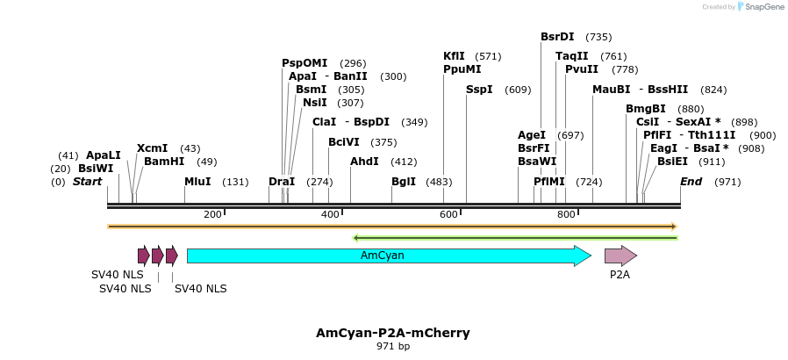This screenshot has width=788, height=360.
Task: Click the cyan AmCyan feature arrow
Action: (x=386, y=256)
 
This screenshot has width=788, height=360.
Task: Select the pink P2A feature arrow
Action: (x=620, y=256)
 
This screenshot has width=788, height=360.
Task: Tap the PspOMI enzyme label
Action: (x=304, y=63)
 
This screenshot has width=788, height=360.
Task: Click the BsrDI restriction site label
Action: (x=557, y=37)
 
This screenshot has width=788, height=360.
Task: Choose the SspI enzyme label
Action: (x=479, y=90)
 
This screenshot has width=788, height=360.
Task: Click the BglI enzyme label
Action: (x=404, y=182)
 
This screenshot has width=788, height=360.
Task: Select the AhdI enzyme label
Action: (x=364, y=162)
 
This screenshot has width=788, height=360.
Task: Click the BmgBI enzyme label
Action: (x=645, y=109)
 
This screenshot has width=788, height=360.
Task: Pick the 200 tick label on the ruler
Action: (x=212, y=215)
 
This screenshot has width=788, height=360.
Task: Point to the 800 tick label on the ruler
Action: (x=566, y=215)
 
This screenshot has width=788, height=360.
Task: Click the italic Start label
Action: (x=87, y=182)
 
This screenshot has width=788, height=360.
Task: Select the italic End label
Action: (x=691, y=182)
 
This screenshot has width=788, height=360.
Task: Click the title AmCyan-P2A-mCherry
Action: (x=393, y=333)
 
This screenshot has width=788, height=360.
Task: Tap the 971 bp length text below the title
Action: (x=393, y=347)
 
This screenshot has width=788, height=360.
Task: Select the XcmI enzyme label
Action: (x=152, y=148)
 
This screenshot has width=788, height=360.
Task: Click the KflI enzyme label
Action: (x=454, y=56)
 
